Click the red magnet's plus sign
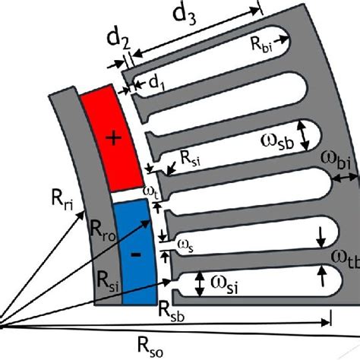point(113,137)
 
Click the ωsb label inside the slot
point(270,136)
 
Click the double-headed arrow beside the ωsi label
point(199,284)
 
